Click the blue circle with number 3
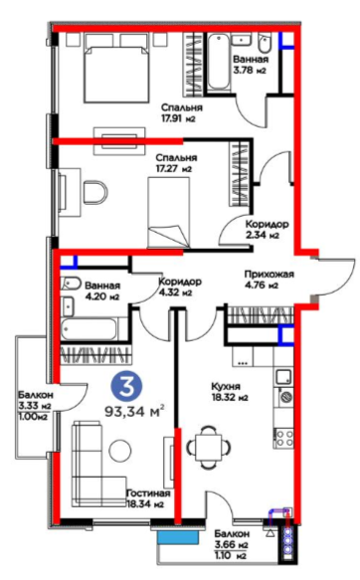click(x=126, y=386)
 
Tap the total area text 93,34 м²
click(x=135, y=411)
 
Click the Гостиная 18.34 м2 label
click(x=148, y=498)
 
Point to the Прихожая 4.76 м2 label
click(x=270, y=280)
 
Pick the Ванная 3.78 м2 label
click(x=251, y=65)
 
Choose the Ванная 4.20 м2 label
click(x=102, y=290)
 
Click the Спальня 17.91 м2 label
click(x=182, y=112)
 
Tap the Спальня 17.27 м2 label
click(x=176, y=163)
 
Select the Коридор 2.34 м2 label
click(x=267, y=230)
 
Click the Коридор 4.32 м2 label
click(x=180, y=287)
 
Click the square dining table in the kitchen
click(x=209, y=448)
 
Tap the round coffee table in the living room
click(x=120, y=450)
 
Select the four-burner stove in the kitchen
click(x=283, y=438)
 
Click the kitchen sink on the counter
click(x=283, y=377)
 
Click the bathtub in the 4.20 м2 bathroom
click(x=90, y=329)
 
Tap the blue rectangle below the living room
click(x=178, y=537)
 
